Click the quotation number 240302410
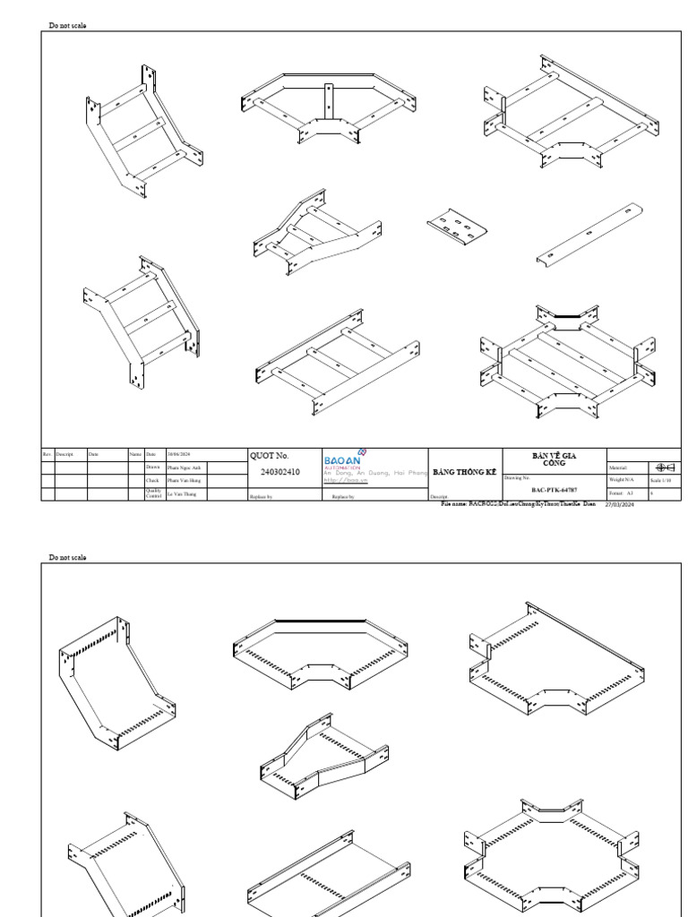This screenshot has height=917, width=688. [x=279, y=472]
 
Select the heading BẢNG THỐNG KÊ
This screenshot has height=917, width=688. [x=464, y=472]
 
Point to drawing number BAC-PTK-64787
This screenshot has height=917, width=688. [x=554, y=491]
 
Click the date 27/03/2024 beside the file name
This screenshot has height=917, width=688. [x=618, y=504]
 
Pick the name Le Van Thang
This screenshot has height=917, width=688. [x=181, y=493]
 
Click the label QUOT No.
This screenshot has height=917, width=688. [x=269, y=456]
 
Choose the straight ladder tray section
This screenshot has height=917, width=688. [x=337, y=364]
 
